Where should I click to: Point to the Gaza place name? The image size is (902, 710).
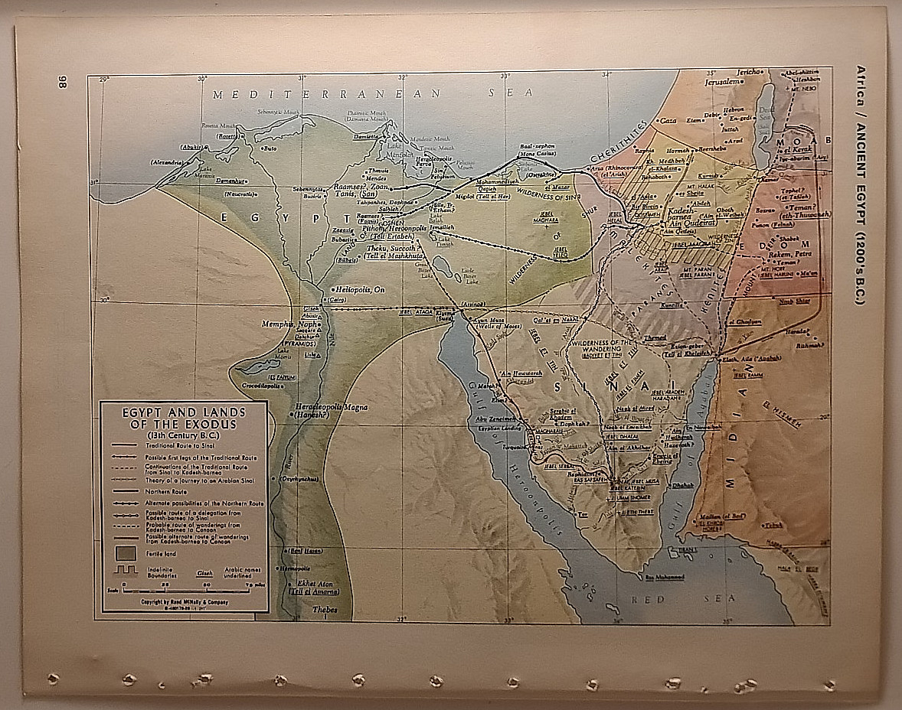click(668, 121)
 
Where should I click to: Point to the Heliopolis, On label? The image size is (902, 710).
click(362, 289)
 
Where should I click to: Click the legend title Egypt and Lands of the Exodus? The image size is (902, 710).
click(184, 418)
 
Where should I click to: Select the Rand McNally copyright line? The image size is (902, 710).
click(184, 602)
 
